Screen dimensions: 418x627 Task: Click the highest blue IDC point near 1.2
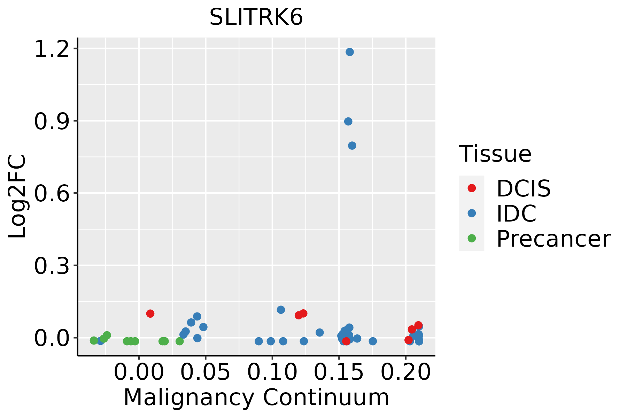point(350,52)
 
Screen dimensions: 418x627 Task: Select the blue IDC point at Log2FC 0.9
point(348,121)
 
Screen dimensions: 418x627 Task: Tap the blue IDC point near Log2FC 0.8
point(352,145)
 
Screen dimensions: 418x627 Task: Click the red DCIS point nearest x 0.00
point(150,313)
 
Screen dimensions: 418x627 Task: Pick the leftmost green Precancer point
point(94,340)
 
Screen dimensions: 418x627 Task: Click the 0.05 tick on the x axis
point(206,372)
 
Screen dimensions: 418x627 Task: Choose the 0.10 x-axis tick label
point(272,372)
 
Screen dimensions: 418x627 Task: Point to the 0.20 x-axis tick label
point(406,372)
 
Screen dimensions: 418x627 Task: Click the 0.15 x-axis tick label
point(339,372)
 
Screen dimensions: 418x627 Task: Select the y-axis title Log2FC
point(17,196)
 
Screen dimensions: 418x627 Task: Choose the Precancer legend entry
point(553,239)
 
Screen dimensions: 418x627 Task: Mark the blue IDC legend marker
point(472,213)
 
